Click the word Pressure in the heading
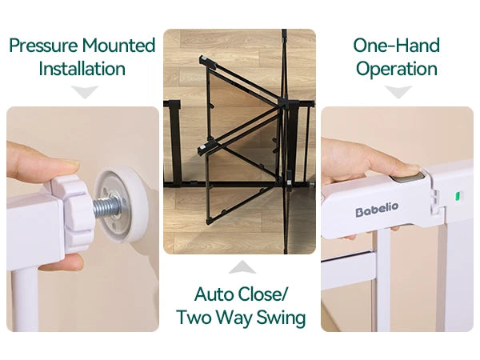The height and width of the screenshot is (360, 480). pyautogui.click(x=43, y=46)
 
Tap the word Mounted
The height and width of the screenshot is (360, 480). pyautogui.click(x=118, y=46)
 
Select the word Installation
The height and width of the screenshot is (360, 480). pyautogui.click(x=82, y=69)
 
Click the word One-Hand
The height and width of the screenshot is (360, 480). pyautogui.click(x=397, y=46)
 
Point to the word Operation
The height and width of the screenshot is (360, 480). pyautogui.click(x=397, y=70)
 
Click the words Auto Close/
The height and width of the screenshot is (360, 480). pyautogui.click(x=241, y=294)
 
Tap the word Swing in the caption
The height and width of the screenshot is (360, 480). pyautogui.click(x=281, y=318)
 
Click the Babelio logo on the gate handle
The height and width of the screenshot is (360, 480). pyautogui.click(x=377, y=210)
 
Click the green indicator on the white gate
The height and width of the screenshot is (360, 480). pyautogui.click(x=458, y=196)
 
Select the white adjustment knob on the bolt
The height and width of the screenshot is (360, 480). pyautogui.click(x=74, y=211)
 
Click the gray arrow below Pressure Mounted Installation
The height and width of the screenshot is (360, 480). pyautogui.click(x=85, y=92)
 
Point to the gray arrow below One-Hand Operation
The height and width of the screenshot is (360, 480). pyautogui.click(x=398, y=92)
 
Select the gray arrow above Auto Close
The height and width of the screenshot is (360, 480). pyautogui.click(x=242, y=267)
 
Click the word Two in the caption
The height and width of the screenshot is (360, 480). pyautogui.click(x=194, y=317)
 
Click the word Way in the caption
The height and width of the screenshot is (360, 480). pyautogui.click(x=234, y=318)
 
